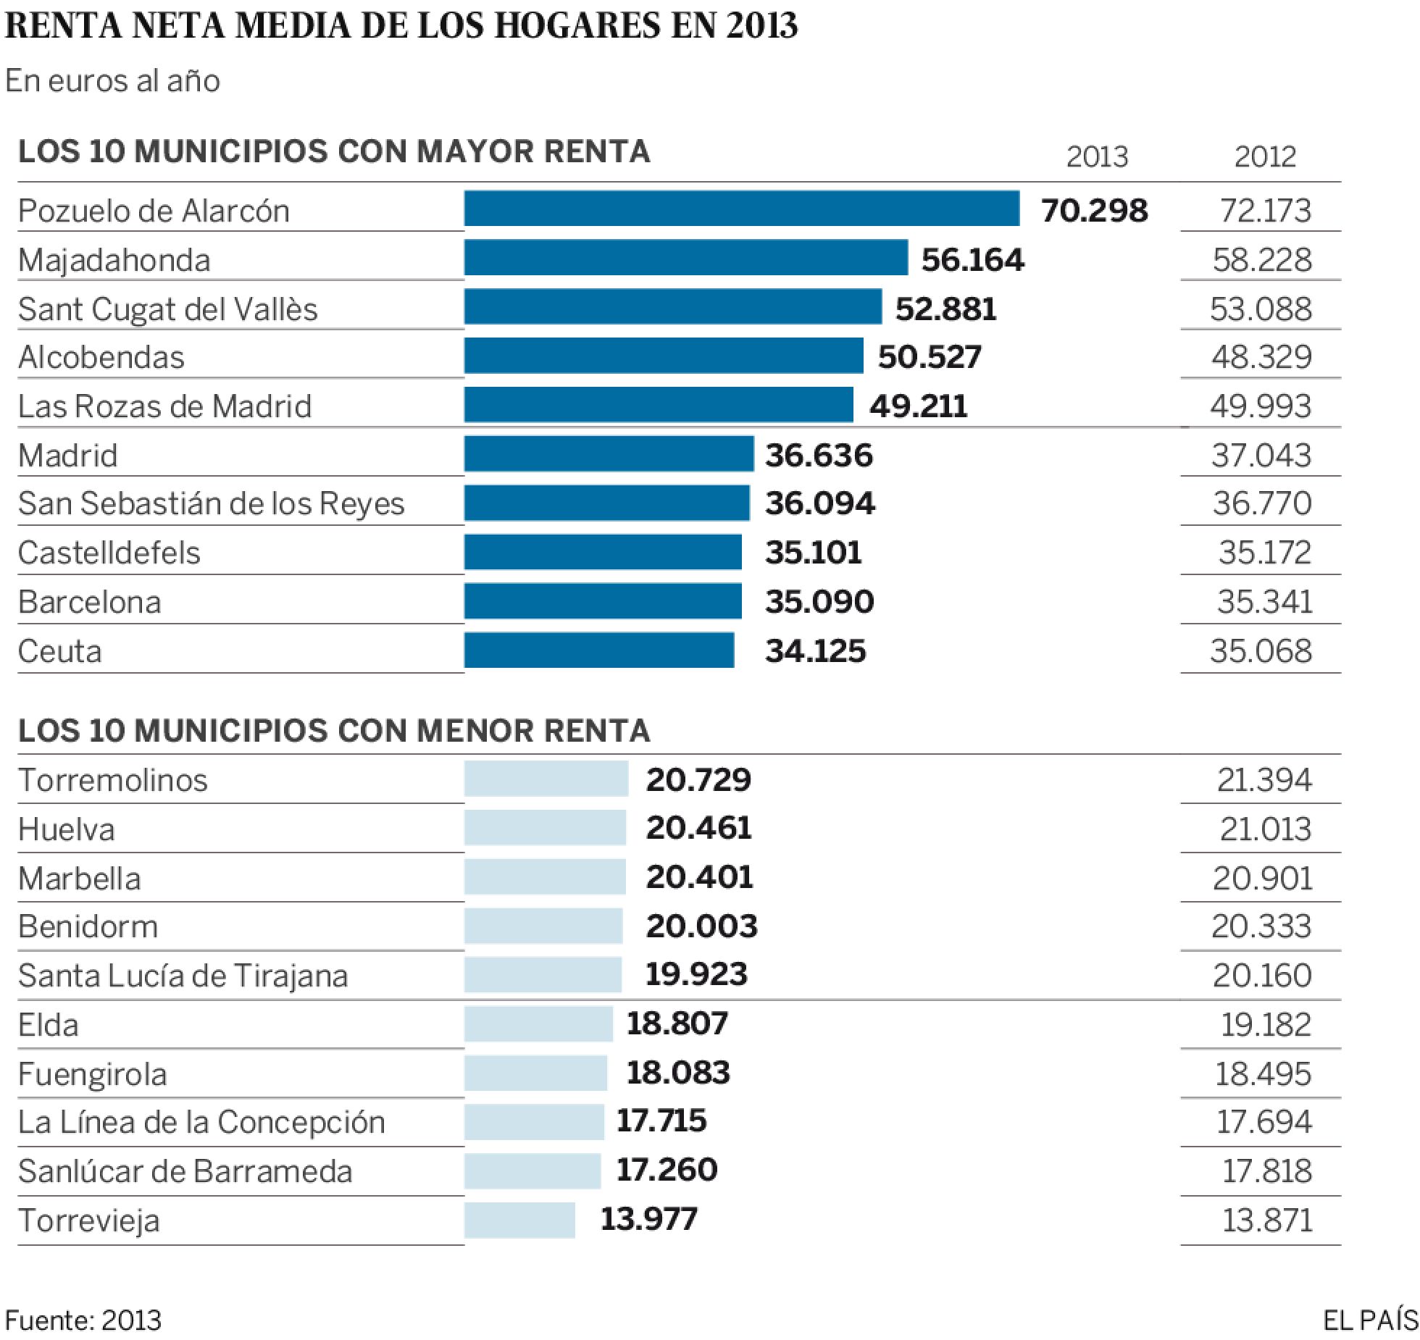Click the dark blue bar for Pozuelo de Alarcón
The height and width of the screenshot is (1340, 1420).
tap(741, 209)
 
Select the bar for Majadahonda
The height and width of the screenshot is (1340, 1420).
tap(685, 258)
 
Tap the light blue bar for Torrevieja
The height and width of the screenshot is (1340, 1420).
tap(519, 1220)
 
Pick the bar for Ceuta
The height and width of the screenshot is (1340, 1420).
tap(598, 650)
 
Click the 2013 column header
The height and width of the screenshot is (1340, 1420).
tap(1097, 156)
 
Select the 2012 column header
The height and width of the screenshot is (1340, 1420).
tap(1265, 156)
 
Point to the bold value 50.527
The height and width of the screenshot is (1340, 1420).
tap(930, 357)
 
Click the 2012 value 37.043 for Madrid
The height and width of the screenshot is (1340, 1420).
tap(1261, 456)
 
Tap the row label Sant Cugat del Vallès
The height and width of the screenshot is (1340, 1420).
tap(167, 309)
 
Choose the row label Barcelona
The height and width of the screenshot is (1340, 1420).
tap(89, 602)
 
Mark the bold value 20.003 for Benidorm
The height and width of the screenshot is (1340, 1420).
tap(701, 926)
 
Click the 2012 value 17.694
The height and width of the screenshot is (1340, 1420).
tap(1264, 1122)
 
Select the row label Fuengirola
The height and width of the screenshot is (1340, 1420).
tap(92, 1074)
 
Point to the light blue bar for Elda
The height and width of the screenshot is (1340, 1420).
tap(538, 1024)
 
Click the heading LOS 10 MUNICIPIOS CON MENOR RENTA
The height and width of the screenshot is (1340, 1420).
tap(334, 731)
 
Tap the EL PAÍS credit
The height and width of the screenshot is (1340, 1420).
tap(1370, 1320)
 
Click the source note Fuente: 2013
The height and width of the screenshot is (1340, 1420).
tap(83, 1320)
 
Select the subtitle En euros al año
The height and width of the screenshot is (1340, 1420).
tap(112, 81)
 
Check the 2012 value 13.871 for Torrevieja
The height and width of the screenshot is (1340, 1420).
tap(1266, 1220)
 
